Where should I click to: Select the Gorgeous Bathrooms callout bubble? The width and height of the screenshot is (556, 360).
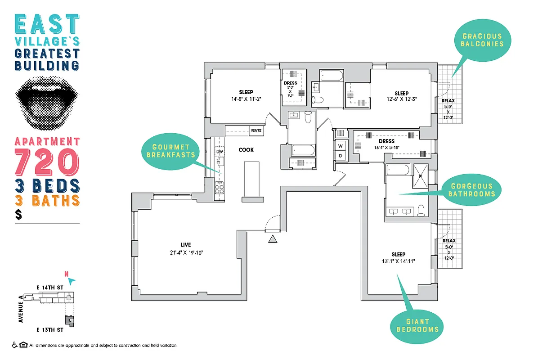click(472, 190)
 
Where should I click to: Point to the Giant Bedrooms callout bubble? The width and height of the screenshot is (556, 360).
click(417, 325)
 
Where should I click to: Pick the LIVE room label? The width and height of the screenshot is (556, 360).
click(186, 245)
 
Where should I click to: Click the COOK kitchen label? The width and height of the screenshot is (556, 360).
click(246, 150)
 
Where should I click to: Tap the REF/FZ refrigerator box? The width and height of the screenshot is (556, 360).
click(256, 131)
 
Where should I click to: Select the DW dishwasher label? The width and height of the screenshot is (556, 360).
click(220, 152)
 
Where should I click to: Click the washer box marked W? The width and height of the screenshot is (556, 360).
click(341, 146)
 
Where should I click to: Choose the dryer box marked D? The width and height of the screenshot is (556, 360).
click(341, 156)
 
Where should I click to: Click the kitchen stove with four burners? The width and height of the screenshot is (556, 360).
click(220, 189)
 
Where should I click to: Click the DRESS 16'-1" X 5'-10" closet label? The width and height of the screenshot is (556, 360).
click(386, 144)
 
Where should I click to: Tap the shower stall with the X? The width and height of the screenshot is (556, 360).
click(421, 174)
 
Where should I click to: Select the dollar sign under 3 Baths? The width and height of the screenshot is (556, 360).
click(18, 215)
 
